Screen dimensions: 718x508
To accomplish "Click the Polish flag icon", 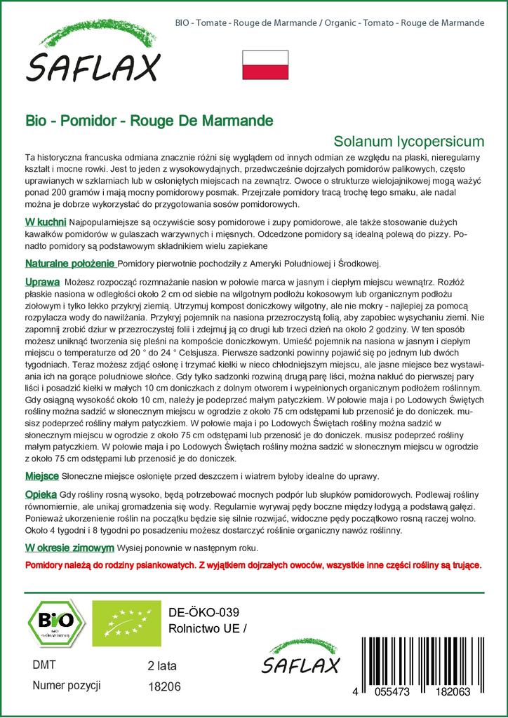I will click(x=265, y=65).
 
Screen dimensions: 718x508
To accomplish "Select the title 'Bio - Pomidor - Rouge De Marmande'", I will click(x=149, y=120).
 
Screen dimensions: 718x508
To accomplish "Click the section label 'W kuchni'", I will click(x=46, y=222).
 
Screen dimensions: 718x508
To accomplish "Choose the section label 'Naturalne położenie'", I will click(x=69, y=263).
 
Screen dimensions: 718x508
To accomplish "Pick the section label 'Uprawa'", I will click(x=42, y=280).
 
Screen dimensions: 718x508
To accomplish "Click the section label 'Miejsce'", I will click(x=41, y=476).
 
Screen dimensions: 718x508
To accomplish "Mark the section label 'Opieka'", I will click(x=41, y=494).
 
